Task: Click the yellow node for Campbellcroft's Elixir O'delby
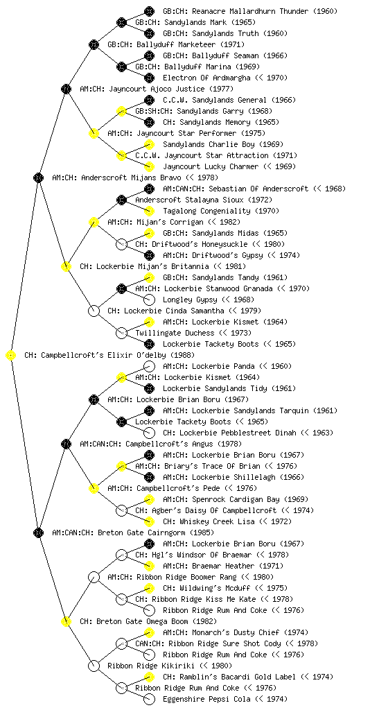[11, 356]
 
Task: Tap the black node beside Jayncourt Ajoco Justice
[66, 89]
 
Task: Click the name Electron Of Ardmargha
[206, 78]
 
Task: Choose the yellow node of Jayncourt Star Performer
[94, 133]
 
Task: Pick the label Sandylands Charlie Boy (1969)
[223, 144]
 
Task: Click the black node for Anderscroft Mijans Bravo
[38, 177]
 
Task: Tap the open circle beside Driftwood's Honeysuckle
[121, 244]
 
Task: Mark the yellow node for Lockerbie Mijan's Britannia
[66, 266]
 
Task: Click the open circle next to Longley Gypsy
[149, 300]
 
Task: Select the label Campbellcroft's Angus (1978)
[184, 444]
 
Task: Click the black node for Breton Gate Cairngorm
[38, 532]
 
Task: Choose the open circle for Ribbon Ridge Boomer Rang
[94, 577]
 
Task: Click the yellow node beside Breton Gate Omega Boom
[66, 621]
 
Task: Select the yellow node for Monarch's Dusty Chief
[149, 632]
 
